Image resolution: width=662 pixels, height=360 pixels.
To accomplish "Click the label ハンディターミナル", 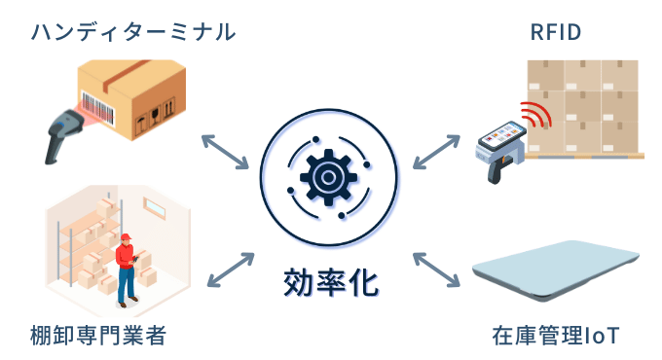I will (133, 32).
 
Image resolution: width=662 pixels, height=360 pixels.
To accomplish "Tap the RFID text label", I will (555, 32).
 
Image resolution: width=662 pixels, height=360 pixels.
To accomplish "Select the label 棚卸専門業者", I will (97, 337).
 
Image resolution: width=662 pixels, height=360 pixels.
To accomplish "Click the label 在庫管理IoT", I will (556, 337).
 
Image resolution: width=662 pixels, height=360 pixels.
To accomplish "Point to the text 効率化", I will (330, 282).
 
